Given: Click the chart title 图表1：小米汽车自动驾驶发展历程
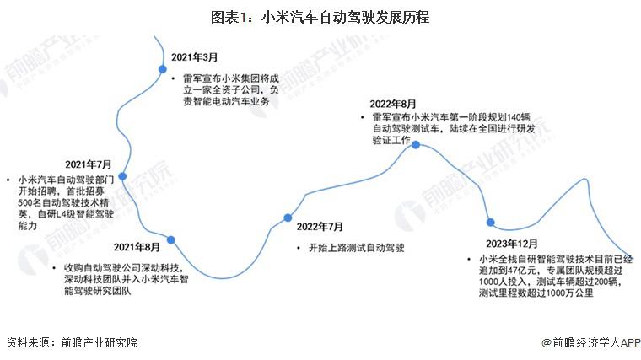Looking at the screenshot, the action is point(320,17).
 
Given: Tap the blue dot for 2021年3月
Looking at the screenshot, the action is point(163,69).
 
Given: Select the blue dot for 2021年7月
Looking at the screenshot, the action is point(122,176).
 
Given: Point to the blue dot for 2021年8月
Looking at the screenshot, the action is point(171,240).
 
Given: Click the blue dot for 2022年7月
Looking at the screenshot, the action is point(288,218).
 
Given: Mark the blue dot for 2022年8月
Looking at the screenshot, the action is point(416,145).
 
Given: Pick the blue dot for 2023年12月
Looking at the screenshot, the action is point(491,223).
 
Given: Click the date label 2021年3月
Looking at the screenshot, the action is point(194,57).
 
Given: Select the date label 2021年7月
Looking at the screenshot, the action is point(89,164).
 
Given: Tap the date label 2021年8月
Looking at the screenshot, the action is point(137,247).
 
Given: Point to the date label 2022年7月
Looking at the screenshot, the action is point(320,227).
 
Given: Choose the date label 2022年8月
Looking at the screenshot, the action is point(393,105).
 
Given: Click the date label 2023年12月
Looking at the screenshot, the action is point(512,244).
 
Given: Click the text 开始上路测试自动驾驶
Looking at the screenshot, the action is point(357,248).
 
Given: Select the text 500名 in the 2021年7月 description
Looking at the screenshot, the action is point(30,202).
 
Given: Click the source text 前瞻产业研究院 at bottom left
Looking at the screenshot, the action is point(100,342).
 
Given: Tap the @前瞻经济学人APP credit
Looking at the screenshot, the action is point(591,342).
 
